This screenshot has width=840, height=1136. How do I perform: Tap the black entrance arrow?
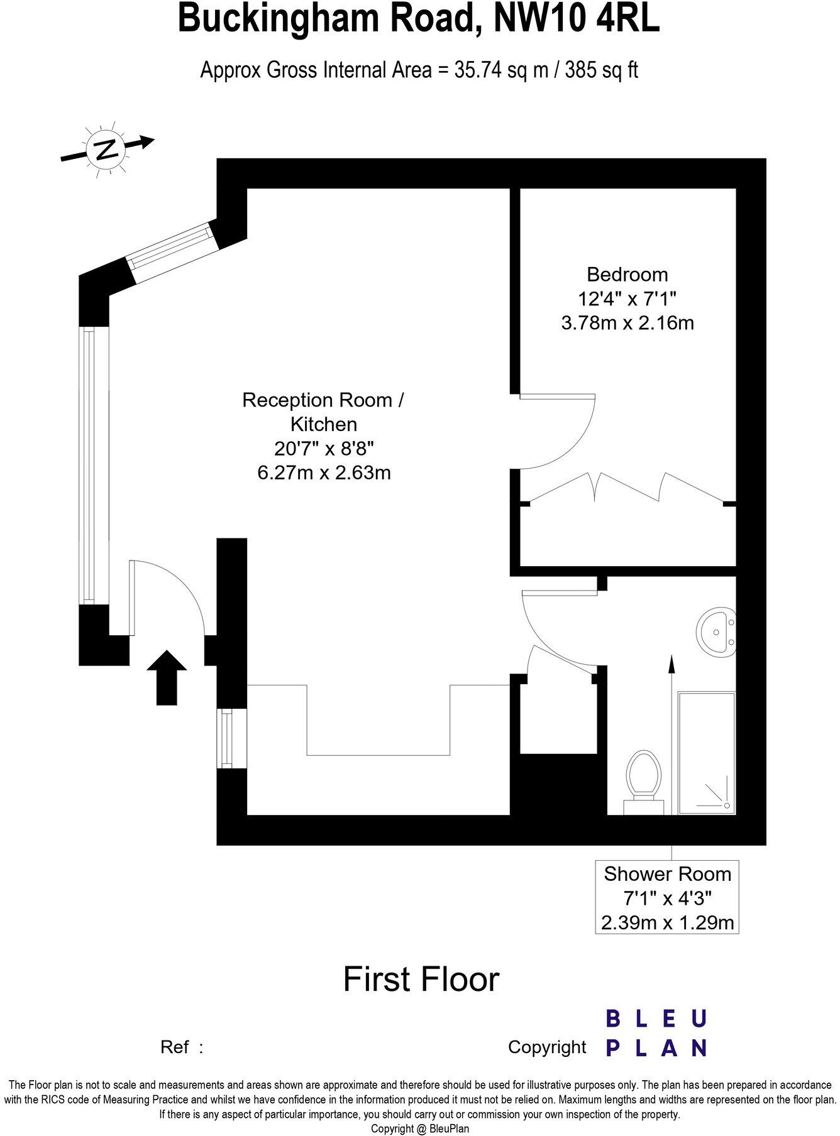167,677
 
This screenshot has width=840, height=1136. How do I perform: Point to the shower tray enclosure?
707,753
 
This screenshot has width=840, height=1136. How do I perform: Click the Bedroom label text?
627,274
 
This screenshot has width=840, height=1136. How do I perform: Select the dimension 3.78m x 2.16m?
627,323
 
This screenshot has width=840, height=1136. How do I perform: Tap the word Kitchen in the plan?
324,424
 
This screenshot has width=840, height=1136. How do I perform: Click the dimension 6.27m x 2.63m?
324,472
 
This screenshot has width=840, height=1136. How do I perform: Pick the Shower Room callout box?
666,897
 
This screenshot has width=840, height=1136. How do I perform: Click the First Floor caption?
421,980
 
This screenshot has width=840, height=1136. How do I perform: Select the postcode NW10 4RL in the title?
577,19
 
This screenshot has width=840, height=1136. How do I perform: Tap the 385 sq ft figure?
601,70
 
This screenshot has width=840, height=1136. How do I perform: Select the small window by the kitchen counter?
225,738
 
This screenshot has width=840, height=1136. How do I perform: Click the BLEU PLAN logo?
656,1034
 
